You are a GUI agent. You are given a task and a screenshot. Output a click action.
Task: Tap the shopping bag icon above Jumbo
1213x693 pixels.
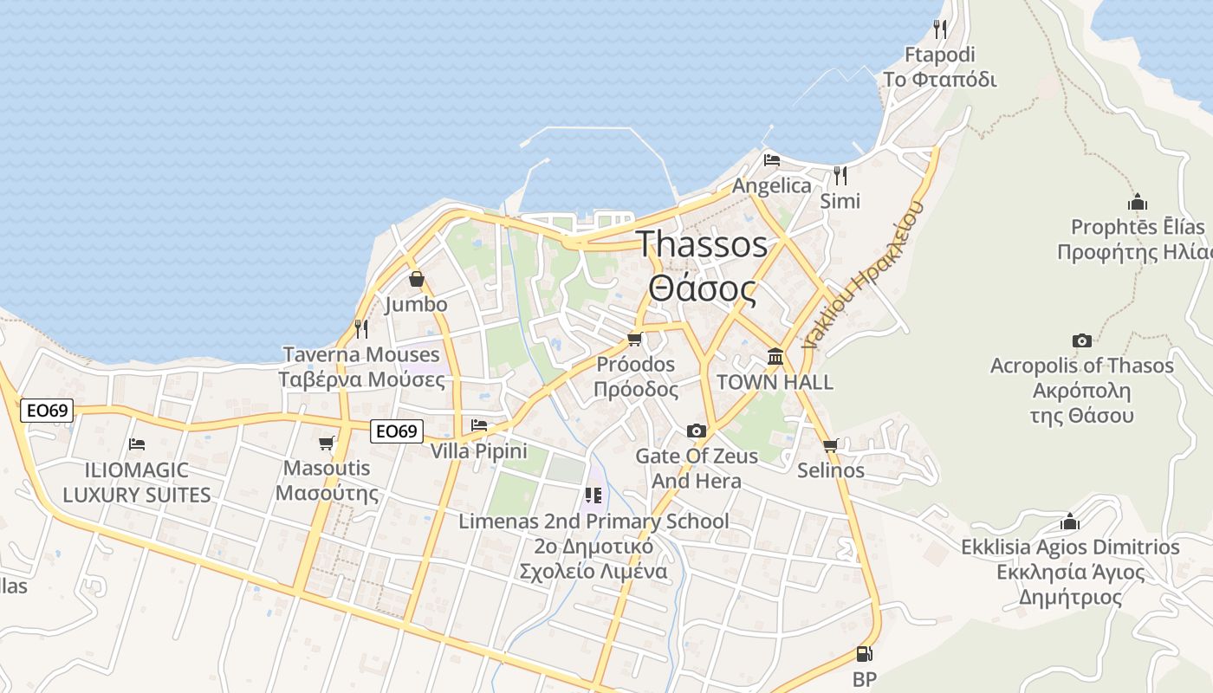(x=417, y=279)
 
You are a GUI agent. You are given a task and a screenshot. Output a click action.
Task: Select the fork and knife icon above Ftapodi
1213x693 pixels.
(x=940, y=29)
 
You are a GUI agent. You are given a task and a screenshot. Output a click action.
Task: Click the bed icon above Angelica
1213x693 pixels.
(x=772, y=160)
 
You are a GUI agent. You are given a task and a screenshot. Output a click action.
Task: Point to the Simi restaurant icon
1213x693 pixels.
(x=840, y=175)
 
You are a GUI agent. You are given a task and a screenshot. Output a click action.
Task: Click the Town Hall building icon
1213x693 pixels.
(x=775, y=356)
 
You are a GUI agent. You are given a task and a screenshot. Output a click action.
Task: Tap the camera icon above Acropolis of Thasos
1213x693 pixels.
(x=1081, y=340)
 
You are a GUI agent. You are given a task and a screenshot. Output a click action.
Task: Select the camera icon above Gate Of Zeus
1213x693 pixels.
(x=696, y=431)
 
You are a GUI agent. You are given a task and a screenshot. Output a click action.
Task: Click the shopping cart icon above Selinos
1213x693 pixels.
(x=831, y=445)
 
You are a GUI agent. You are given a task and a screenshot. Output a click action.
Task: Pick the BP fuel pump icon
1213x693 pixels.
(x=864, y=654)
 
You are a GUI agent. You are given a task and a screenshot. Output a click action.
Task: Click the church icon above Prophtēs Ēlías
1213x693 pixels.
(x=1138, y=203)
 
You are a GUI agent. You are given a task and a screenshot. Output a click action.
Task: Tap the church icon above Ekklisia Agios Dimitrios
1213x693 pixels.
(x=1070, y=521)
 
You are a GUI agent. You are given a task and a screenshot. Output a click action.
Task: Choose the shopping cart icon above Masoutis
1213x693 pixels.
(x=327, y=444)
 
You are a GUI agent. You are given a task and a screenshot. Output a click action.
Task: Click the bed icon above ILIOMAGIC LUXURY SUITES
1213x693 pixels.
(x=137, y=444)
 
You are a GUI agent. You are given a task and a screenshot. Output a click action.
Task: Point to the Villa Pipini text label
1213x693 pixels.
(x=479, y=450)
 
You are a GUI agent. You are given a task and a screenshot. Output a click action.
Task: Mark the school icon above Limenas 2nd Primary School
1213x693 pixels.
(x=593, y=495)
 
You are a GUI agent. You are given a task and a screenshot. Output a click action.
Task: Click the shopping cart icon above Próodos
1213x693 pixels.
(x=635, y=339)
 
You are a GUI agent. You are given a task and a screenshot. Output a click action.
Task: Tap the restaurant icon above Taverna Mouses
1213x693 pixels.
(x=361, y=329)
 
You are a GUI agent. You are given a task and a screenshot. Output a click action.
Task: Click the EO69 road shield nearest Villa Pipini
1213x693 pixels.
(x=397, y=431)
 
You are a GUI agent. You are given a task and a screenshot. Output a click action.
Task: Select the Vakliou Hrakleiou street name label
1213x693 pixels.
(x=863, y=274)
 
